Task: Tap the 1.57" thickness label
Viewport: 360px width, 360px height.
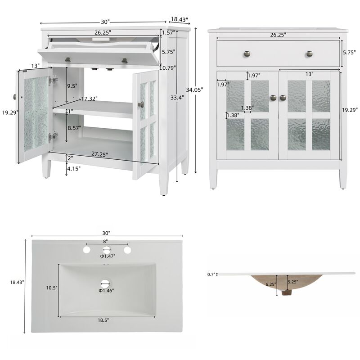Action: tap(168, 33)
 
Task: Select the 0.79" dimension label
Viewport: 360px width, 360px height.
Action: tap(169, 68)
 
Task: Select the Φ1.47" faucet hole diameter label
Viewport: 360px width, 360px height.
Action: tap(108, 256)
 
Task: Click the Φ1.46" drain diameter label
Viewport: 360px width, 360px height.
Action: tap(107, 291)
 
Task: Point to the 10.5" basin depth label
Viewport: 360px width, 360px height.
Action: tap(52, 288)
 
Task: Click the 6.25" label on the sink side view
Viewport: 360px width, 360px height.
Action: tap(270, 284)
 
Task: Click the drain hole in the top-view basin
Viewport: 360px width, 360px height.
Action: tap(106, 283)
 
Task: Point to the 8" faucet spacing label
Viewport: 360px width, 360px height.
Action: tap(106, 241)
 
